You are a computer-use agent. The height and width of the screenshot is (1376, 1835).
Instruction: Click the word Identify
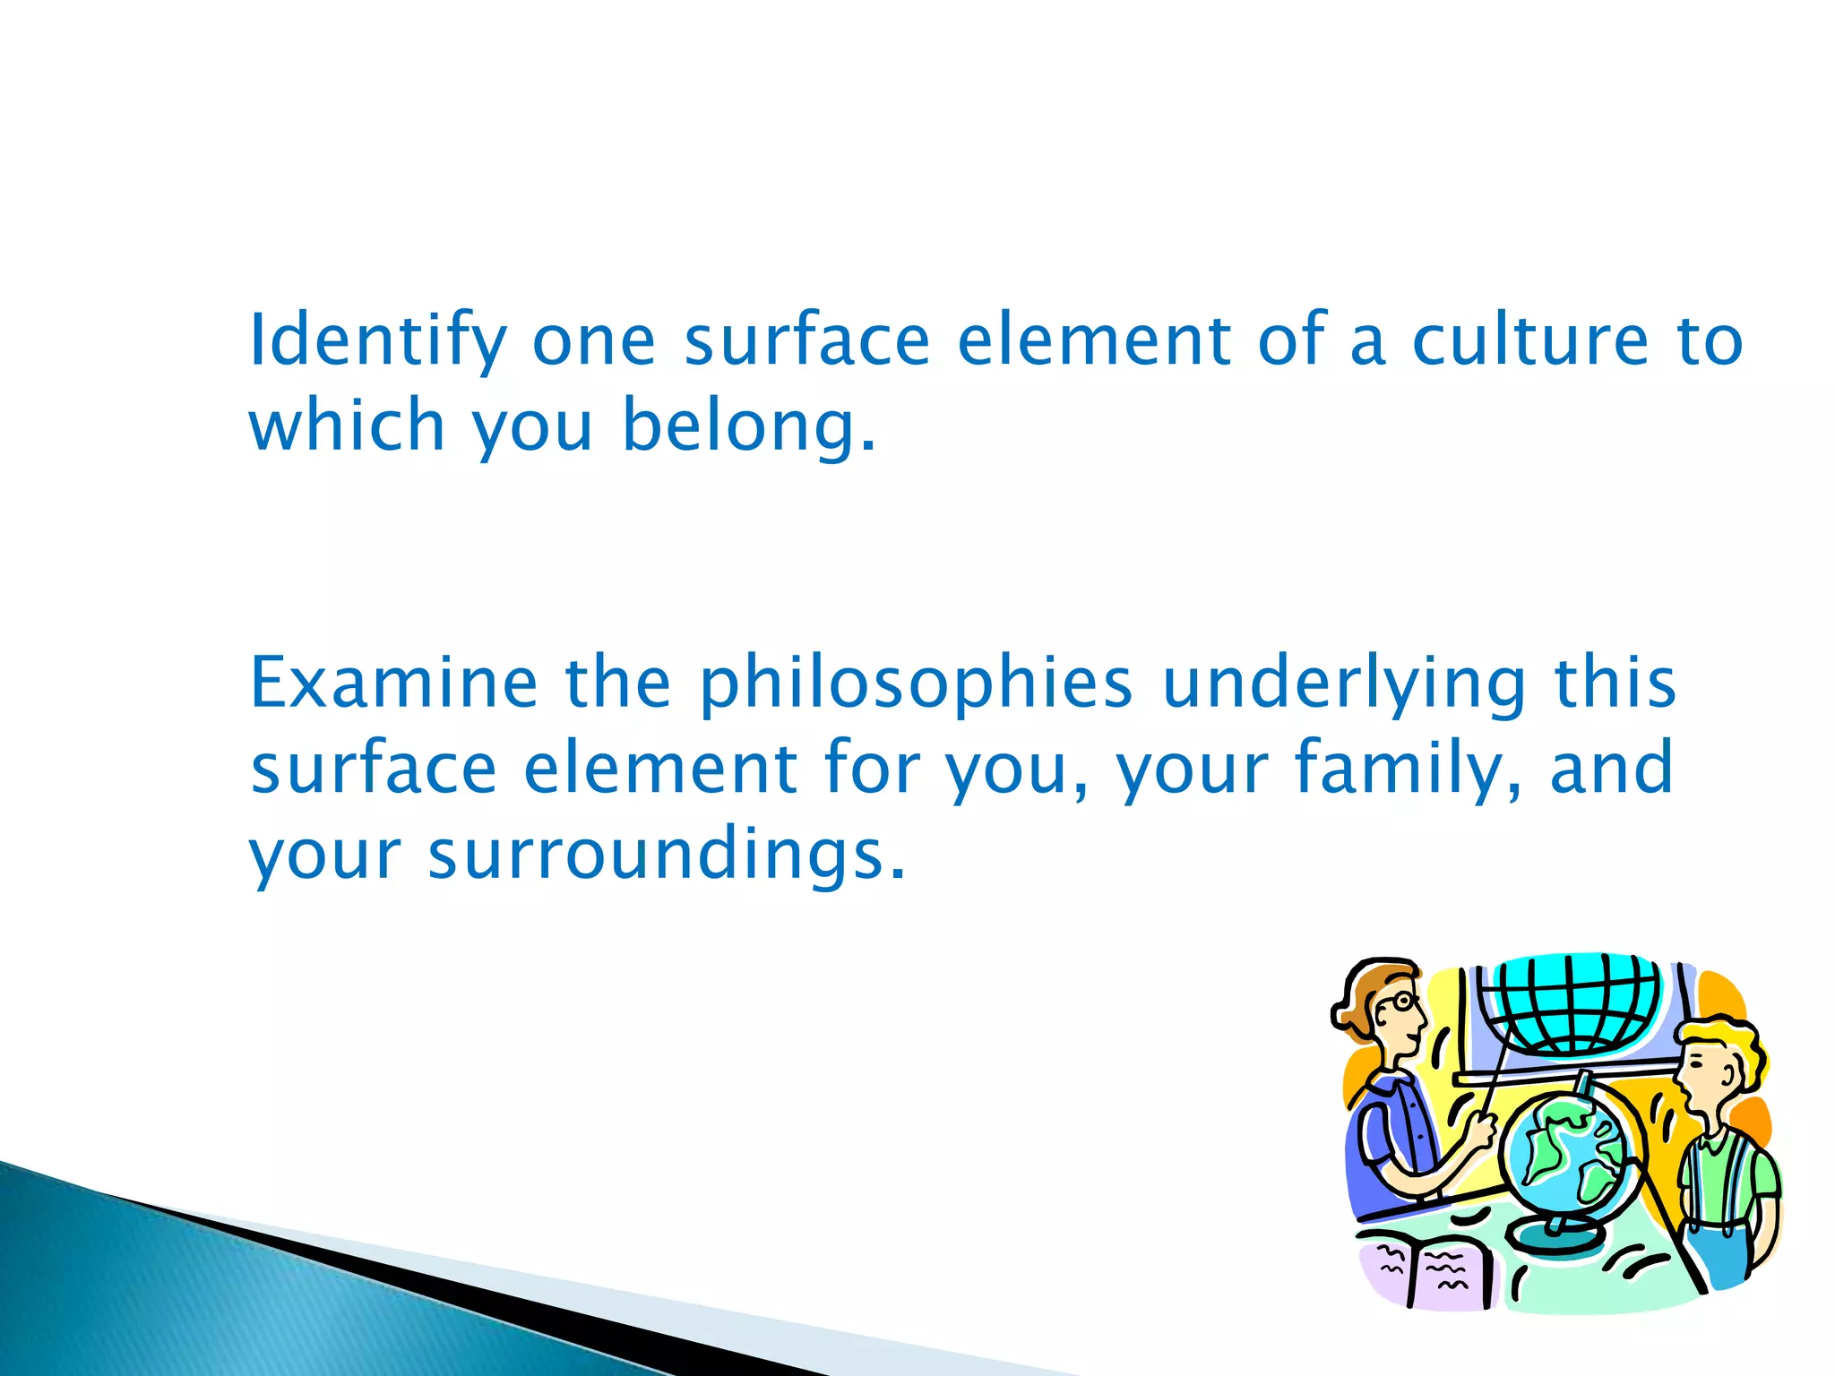[x=377, y=341]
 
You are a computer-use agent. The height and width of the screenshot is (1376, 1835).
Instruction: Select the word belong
[x=748, y=426]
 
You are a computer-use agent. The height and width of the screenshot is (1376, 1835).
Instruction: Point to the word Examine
[x=393, y=683]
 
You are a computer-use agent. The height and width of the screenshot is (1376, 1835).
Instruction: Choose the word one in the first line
[x=594, y=341]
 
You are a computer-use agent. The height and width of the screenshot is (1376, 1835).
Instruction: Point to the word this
[x=1615, y=683]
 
